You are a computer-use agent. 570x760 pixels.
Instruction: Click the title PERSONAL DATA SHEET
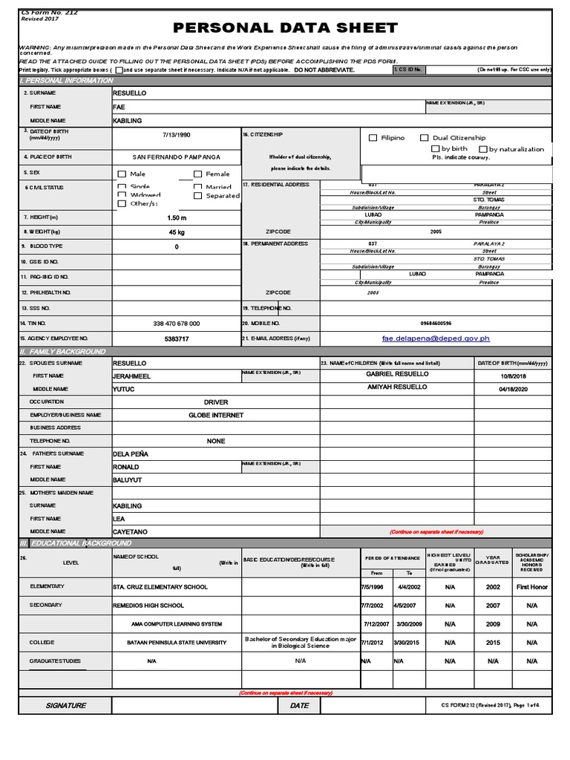click(285, 28)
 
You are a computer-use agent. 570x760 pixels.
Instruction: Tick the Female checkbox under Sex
click(198, 174)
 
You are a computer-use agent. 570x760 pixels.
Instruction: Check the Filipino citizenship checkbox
click(373, 137)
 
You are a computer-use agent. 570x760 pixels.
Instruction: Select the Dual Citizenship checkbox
click(425, 137)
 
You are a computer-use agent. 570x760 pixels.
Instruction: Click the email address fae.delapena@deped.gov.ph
click(436, 338)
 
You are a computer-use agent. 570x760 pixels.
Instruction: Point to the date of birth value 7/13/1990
click(176, 135)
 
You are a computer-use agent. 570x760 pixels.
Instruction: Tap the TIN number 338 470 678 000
click(176, 324)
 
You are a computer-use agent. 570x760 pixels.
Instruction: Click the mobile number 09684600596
click(436, 324)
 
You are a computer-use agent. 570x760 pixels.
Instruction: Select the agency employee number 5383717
click(176, 338)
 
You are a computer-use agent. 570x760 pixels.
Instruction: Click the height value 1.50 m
click(176, 218)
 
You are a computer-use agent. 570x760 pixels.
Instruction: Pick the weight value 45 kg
click(176, 232)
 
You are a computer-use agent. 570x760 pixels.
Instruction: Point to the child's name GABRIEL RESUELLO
click(397, 374)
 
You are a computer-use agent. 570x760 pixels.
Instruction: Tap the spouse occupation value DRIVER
click(216, 402)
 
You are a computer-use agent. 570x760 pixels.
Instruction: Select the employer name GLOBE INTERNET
click(216, 416)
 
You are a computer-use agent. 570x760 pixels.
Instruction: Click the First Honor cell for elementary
click(532, 587)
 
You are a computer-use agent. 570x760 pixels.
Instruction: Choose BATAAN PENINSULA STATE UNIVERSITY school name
click(177, 643)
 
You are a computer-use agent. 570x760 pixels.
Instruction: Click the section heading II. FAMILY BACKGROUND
click(63, 352)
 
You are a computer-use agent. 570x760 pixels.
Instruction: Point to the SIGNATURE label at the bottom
click(65, 706)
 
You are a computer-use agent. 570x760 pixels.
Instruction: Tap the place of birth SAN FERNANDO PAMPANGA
click(176, 157)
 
